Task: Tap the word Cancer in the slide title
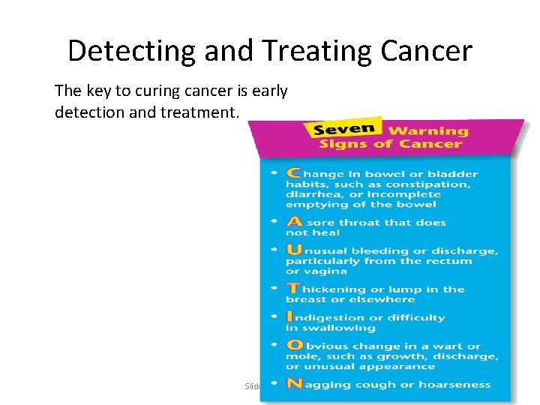[x=426, y=51]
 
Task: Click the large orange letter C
[x=292, y=173]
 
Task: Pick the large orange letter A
[x=294, y=221]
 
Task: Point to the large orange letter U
[x=294, y=250]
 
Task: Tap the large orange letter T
[x=293, y=288]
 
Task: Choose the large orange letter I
[x=290, y=316]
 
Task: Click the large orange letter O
[x=295, y=346]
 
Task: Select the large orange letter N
[x=294, y=384]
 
